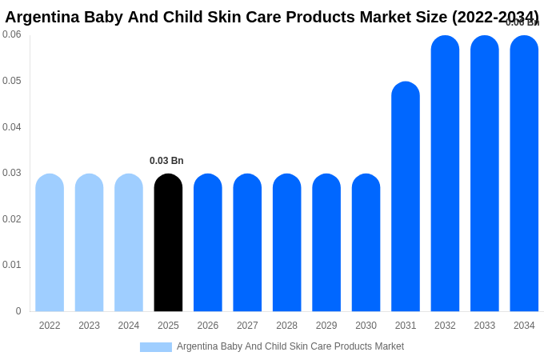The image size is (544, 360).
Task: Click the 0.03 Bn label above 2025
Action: [x=166, y=161]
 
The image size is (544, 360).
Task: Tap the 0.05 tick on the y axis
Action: [x=12, y=81]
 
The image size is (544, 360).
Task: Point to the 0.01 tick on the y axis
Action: [x=12, y=265]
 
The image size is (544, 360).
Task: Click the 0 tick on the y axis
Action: [x=18, y=311]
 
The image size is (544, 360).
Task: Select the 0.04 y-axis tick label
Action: [x=12, y=127]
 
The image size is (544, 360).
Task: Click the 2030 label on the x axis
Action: [x=366, y=326]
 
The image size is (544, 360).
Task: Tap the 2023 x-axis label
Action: [x=89, y=326]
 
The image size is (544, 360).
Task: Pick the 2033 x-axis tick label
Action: [x=484, y=326]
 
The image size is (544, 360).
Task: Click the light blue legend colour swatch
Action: [x=156, y=347]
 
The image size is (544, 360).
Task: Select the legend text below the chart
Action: [x=290, y=346]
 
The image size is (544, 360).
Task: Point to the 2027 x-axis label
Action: [x=247, y=326]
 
